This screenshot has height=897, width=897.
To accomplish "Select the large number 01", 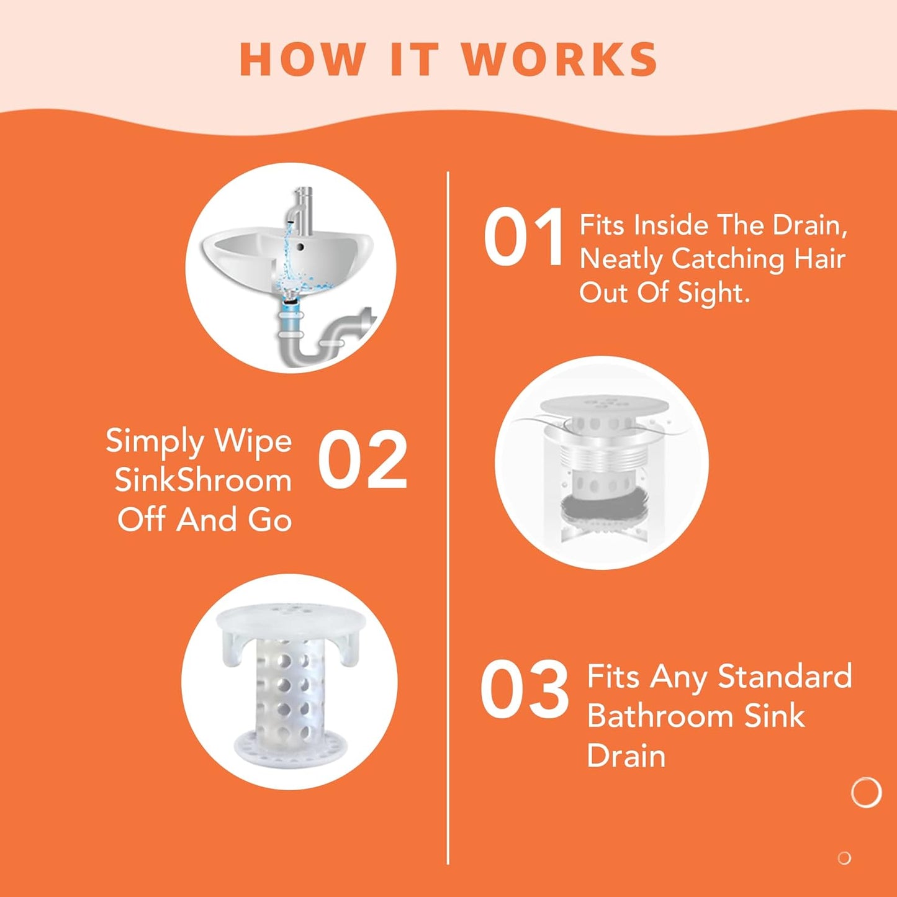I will pos(523,238).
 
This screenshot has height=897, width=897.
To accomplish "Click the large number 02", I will pos(363,460).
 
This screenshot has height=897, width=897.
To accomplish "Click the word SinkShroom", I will pos(203,480).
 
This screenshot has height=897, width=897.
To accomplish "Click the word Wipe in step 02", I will pos(253,441).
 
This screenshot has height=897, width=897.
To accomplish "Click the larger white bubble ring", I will pos(866,792).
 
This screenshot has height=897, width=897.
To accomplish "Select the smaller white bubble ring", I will pos(844,858).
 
